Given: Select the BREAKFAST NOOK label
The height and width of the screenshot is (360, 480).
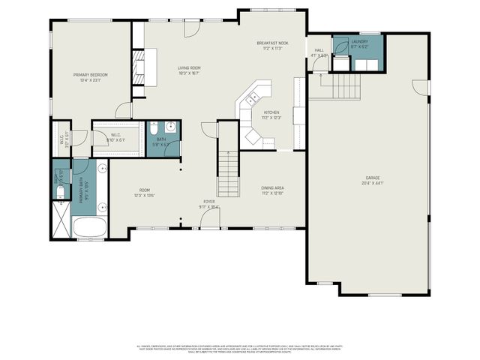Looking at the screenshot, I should pyautogui.click(x=272, y=46).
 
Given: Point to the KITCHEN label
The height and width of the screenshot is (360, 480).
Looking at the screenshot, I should pyautogui.click(x=270, y=115).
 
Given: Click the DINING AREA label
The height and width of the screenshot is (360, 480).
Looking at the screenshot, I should pyautogui.click(x=272, y=190).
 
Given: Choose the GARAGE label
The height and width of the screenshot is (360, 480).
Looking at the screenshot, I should pyautogui.click(x=373, y=180).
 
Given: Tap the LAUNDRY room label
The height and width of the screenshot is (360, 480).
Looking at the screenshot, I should pyautogui.click(x=360, y=44).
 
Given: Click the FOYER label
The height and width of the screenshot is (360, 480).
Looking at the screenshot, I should pyautogui.click(x=208, y=204).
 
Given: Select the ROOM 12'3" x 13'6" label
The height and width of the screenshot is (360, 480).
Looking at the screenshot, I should pyautogui.click(x=143, y=193).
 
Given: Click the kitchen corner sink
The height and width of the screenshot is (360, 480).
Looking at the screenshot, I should pyautogui.click(x=253, y=96).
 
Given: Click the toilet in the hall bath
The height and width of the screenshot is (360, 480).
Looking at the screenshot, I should pyautogui.click(x=153, y=127).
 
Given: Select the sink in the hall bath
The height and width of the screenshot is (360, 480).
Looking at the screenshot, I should pyautogui.click(x=170, y=127).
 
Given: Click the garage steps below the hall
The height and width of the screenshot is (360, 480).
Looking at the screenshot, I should pyautogui.click(x=335, y=85).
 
